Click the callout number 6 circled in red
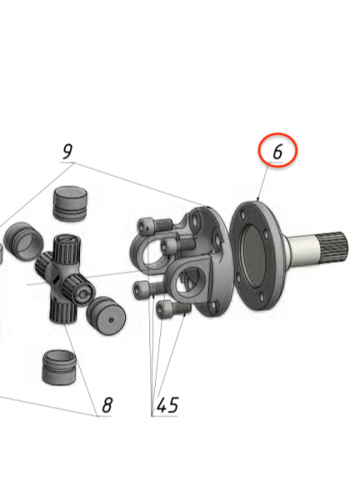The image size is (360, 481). pos(277,151)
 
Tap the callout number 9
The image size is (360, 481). pos(67,151)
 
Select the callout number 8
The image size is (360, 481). pos(107,405)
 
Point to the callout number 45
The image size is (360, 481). pos(167,405)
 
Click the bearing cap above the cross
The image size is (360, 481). pos(70,203)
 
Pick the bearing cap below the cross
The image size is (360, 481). pos(58,368)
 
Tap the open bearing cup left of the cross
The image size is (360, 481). pos(24,239)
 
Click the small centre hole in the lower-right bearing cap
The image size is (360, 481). pos(112,320)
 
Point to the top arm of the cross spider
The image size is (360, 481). pos(67,249)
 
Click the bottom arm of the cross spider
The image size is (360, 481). pos(61,311)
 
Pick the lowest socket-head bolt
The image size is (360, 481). pos(173,309)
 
